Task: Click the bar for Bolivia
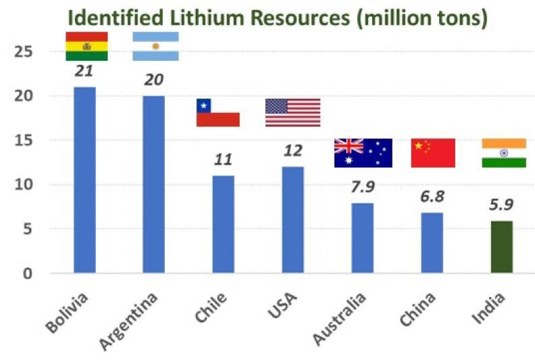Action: coord(84,180)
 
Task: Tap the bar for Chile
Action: coord(223,224)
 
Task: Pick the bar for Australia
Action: coord(362,238)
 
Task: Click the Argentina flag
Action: coord(155,46)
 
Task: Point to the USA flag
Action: coord(292,113)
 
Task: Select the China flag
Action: coord(433,153)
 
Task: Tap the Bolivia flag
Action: coord(86,46)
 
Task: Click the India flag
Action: coord(503,153)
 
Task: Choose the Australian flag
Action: coord(363,153)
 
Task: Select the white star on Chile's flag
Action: coord(203,105)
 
